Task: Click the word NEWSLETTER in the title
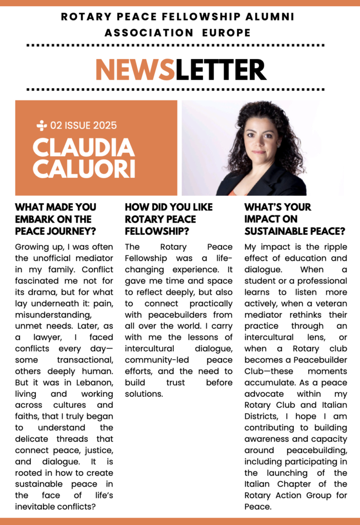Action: tap(181, 70)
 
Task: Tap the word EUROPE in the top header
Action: tap(226, 33)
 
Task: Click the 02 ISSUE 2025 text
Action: tap(84, 126)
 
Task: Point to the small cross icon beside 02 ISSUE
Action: tap(42, 125)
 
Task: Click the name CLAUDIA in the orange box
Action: tap(84, 148)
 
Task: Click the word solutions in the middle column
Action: tap(144, 394)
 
